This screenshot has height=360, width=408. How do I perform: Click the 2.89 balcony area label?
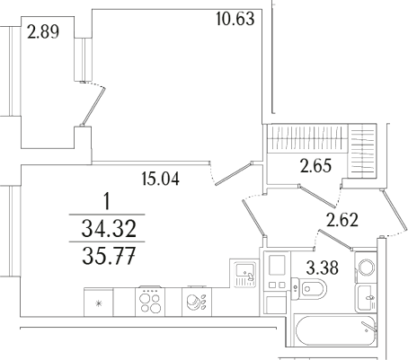coord(44,36)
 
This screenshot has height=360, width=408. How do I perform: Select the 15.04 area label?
coord(161,178)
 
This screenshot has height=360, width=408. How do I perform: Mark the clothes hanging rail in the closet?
coord(306,141)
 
